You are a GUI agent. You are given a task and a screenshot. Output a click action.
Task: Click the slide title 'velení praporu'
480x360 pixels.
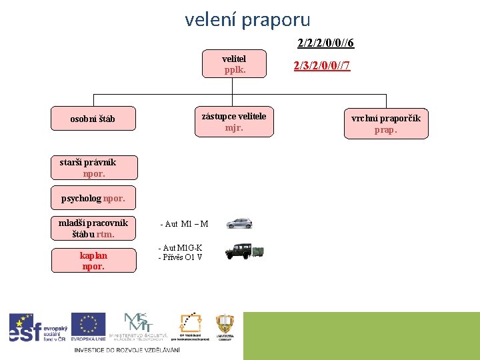pyautogui.click(x=247, y=20)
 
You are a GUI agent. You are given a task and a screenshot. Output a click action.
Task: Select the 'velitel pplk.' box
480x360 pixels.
pyautogui.click(x=234, y=65)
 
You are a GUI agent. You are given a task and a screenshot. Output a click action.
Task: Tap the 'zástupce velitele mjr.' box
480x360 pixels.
pyautogui.click(x=234, y=122)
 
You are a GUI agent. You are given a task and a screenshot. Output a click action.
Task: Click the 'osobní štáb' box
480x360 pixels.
pyautogui.click(x=93, y=119)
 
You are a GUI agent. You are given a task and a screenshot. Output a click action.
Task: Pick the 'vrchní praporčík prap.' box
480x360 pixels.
pyautogui.click(x=386, y=124)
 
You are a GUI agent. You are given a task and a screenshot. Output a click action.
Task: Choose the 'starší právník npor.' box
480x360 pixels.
pyautogui.click(x=93, y=168)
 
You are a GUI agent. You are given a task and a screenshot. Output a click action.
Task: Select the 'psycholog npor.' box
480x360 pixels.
pyautogui.click(x=93, y=199)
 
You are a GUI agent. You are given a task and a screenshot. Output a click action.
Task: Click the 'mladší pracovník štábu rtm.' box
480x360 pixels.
pyautogui.click(x=93, y=229)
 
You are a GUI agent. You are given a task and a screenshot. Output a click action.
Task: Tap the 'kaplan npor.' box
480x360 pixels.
pyautogui.click(x=93, y=261)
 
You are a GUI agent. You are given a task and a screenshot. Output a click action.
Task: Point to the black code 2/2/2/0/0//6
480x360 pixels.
pyautogui.click(x=325, y=43)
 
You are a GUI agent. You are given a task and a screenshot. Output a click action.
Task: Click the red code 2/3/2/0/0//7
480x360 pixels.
pyautogui.click(x=322, y=66)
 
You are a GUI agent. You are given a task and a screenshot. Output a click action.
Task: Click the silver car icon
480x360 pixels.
pyautogui.click(x=239, y=223)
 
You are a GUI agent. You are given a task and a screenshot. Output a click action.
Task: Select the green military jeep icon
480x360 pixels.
pyautogui.click(x=245, y=251)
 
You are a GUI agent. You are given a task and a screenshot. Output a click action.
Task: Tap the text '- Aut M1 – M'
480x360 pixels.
pyautogui.click(x=184, y=224)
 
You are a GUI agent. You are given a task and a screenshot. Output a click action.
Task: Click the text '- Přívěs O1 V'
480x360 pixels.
pyautogui.click(x=180, y=257)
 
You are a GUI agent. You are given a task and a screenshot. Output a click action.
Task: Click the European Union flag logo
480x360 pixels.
pyautogui.click(x=88, y=327)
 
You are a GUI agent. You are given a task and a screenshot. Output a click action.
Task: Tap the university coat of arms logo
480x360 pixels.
pyautogui.click(x=225, y=327)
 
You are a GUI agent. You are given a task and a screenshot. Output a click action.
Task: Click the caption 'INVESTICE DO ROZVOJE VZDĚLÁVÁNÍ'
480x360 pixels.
pyautogui.click(x=127, y=350)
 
